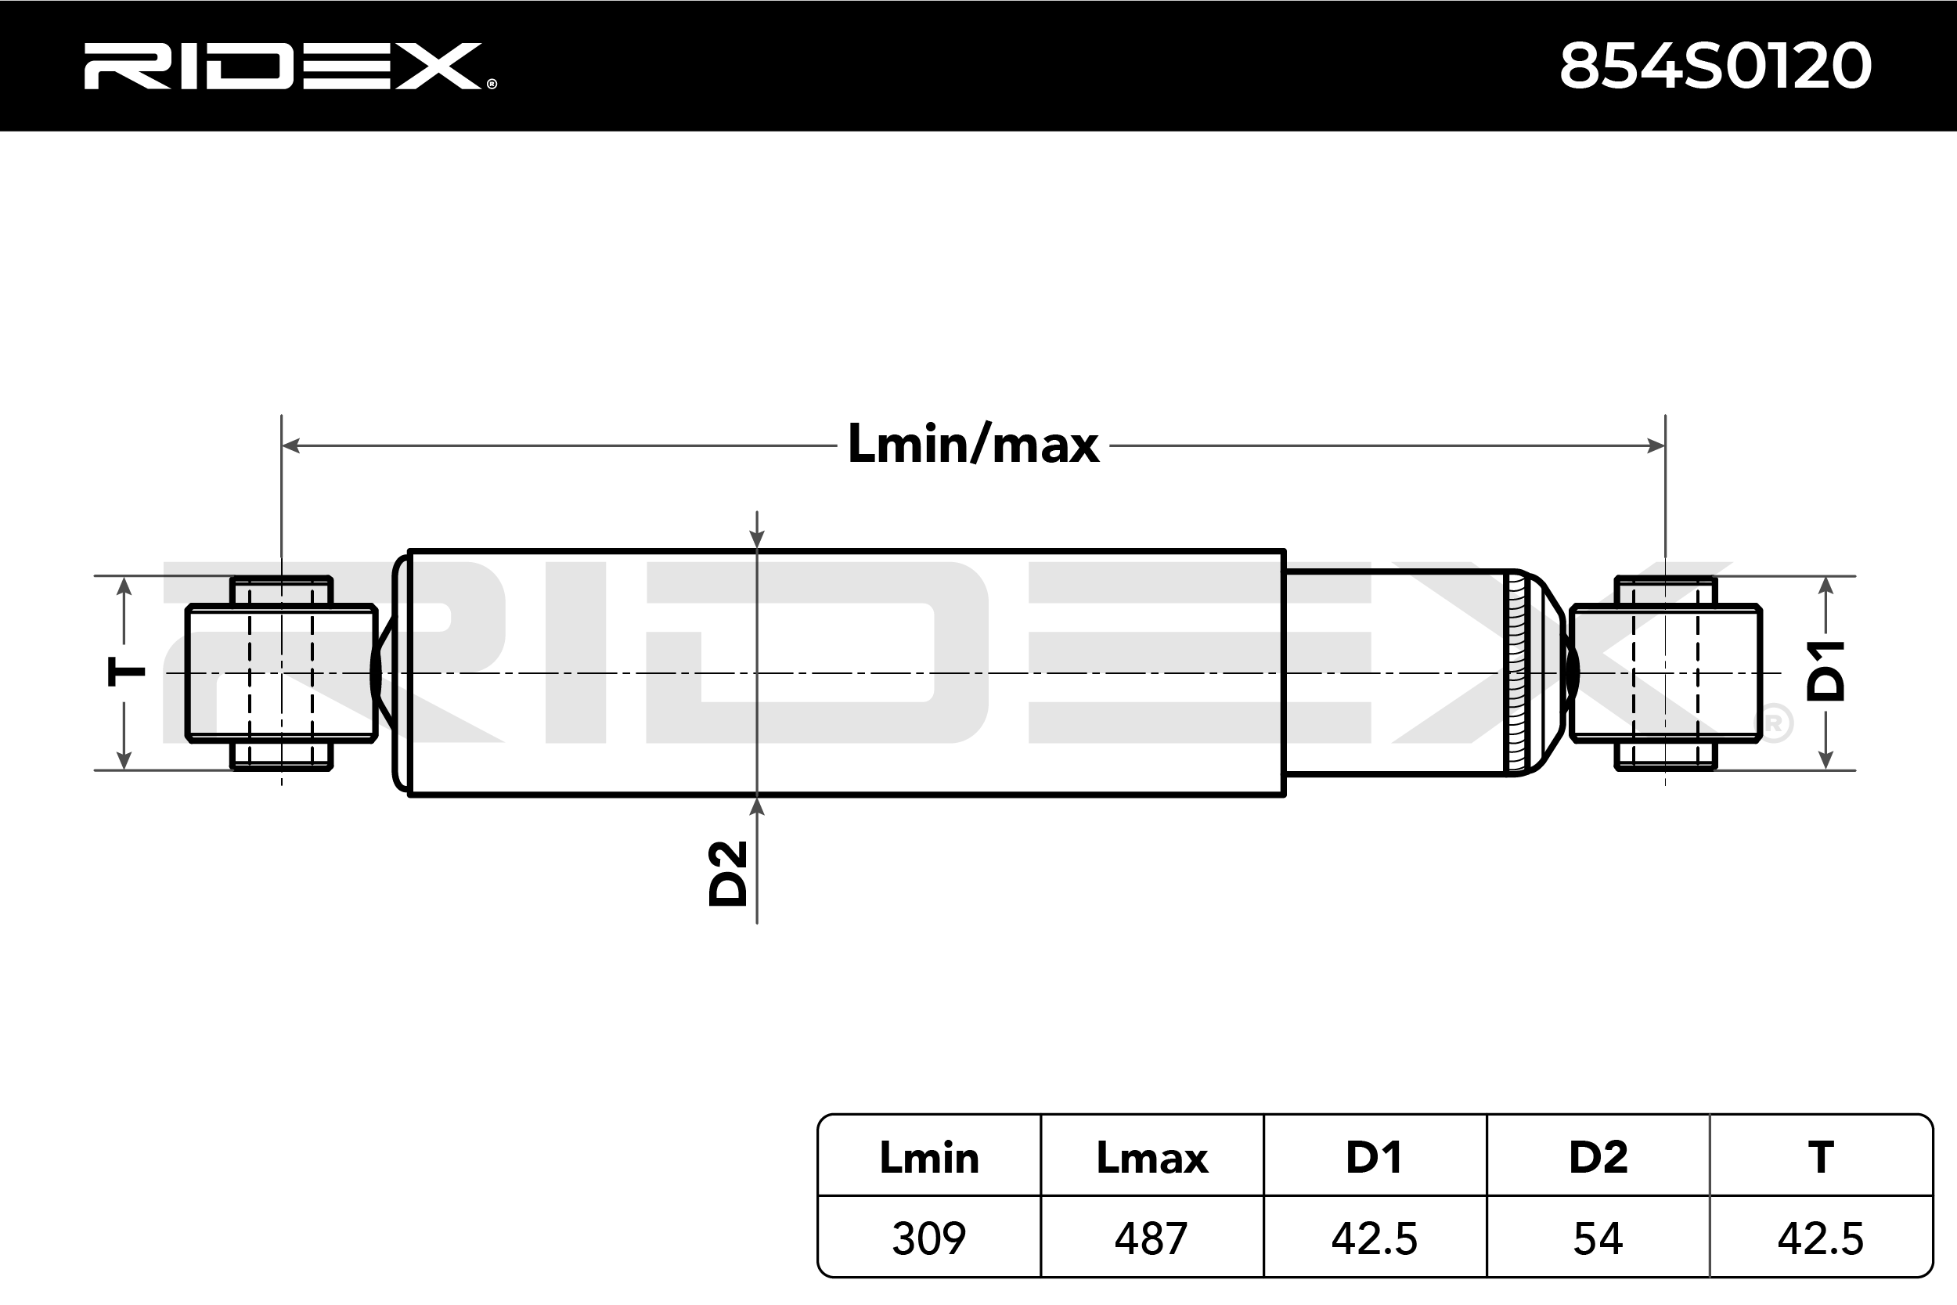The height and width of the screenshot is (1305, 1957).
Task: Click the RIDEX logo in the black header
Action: coord(290,66)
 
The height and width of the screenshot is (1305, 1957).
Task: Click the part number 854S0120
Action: coord(1715,66)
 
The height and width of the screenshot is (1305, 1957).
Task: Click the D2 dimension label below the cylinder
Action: coord(728,873)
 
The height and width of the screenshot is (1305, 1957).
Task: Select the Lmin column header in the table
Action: coord(928,1158)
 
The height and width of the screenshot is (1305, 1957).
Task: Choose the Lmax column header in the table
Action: coord(1151,1158)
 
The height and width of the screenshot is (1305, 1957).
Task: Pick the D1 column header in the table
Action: coord(1375,1158)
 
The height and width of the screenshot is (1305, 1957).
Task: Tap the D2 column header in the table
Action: coord(1598,1158)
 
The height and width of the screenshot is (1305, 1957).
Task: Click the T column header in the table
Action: coord(1821,1158)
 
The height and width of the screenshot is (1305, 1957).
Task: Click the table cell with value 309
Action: coord(928,1238)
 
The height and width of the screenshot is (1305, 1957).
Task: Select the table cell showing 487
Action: coord(1151,1238)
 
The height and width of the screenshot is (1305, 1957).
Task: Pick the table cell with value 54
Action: coord(1598,1238)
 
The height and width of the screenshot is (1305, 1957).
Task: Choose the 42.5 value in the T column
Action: coord(1821,1238)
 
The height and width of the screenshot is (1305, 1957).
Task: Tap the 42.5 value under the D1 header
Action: coord(1375,1238)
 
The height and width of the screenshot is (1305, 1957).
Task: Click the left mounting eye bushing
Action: coord(281,672)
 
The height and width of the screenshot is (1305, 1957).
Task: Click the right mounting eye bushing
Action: coord(1665,672)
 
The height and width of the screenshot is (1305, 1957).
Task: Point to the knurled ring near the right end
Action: coord(1516,672)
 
